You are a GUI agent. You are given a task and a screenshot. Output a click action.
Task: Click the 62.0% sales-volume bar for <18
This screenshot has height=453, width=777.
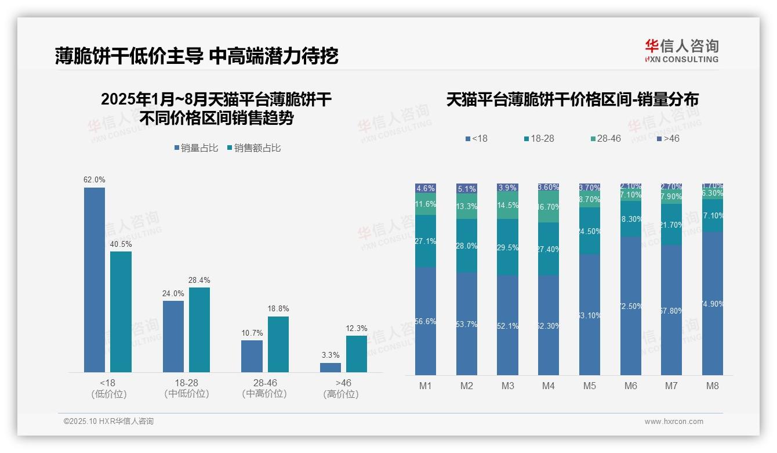click(x=95, y=279)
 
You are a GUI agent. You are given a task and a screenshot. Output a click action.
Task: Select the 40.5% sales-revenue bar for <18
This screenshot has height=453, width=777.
click(x=121, y=311)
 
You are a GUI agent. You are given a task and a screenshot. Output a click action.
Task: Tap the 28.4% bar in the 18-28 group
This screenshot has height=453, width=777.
click(x=199, y=329)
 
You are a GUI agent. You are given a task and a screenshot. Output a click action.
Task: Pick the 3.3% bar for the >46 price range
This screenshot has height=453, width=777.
click(x=331, y=367)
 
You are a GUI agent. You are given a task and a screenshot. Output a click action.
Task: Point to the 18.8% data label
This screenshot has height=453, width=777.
click(x=278, y=308)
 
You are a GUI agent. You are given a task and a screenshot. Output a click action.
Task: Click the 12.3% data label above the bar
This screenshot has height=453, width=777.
click(x=357, y=328)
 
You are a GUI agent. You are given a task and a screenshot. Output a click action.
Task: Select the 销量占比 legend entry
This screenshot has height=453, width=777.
click(x=197, y=148)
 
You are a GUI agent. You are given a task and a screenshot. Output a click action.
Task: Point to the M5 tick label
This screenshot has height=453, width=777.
click(x=590, y=386)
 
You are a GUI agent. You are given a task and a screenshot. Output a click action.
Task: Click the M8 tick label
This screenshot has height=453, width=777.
click(x=713, y=386)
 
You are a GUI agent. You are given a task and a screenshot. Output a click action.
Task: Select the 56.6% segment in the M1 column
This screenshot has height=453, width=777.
click(x=426, y=321)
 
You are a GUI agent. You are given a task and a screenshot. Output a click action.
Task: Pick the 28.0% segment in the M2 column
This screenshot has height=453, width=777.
click(x=467, y=246)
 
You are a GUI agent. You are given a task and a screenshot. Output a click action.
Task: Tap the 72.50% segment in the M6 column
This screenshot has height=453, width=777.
click(x=631, y=305)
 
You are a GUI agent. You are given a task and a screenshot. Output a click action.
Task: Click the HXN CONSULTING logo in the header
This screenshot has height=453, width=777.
click(x=681, y=51)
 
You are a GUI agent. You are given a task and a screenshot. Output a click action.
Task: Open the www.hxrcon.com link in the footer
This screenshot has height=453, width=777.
click(x=674, y=422)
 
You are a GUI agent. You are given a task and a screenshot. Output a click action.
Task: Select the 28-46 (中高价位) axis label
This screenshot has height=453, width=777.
click(x=264, y=389)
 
